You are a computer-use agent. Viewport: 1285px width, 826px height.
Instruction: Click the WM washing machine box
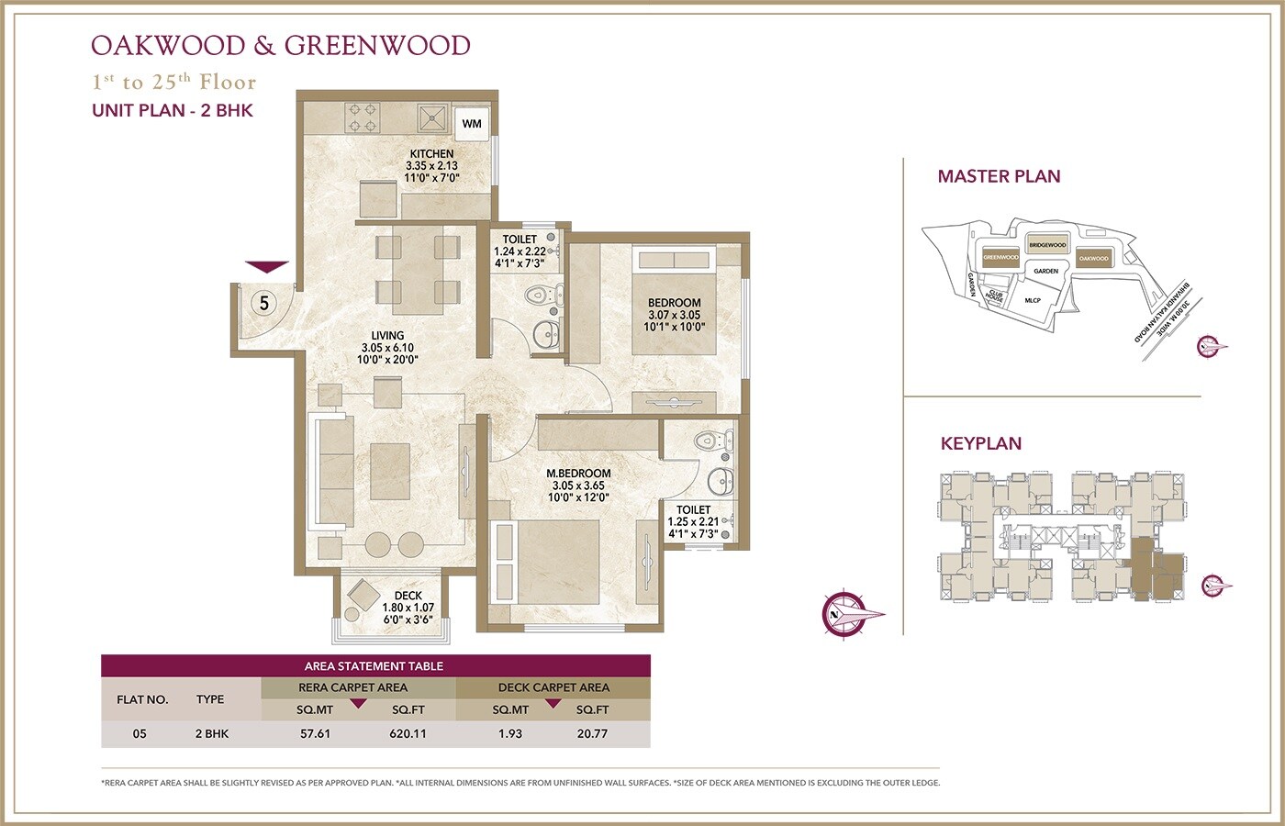[x=472, y=124]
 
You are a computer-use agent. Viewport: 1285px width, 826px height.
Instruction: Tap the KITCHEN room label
[x=431, y=154]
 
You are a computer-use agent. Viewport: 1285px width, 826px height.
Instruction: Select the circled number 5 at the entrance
[x=264, y=302]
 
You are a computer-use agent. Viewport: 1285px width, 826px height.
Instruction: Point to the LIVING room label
[x=387, y=336]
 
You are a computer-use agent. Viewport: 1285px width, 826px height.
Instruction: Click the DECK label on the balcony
[x=408, y=596]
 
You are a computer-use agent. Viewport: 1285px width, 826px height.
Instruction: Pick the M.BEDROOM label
[x=578, y=474]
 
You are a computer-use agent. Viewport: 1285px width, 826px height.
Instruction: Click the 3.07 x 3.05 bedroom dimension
[x=674, y=315]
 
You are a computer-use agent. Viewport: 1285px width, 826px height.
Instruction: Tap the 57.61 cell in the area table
[x=315, y=733]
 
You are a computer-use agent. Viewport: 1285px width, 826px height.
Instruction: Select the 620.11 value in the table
[x=408, y=733]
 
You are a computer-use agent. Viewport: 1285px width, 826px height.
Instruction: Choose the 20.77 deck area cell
[x=592, y=733]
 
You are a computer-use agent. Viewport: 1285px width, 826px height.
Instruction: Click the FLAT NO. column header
[x=142, y=699]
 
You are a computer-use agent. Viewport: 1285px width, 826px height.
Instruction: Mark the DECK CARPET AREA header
[x=553, y=686]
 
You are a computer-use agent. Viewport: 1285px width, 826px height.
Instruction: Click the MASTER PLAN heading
[x=999, y=176]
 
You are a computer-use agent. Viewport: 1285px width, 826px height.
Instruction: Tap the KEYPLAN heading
[x=980, y=443]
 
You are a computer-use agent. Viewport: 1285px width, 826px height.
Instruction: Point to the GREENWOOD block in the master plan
[x=1000, y=258]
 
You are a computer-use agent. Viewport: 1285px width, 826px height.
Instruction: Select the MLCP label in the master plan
[x=1033, y=300]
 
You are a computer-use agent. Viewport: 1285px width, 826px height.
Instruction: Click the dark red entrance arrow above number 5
[x=266, y=267]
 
